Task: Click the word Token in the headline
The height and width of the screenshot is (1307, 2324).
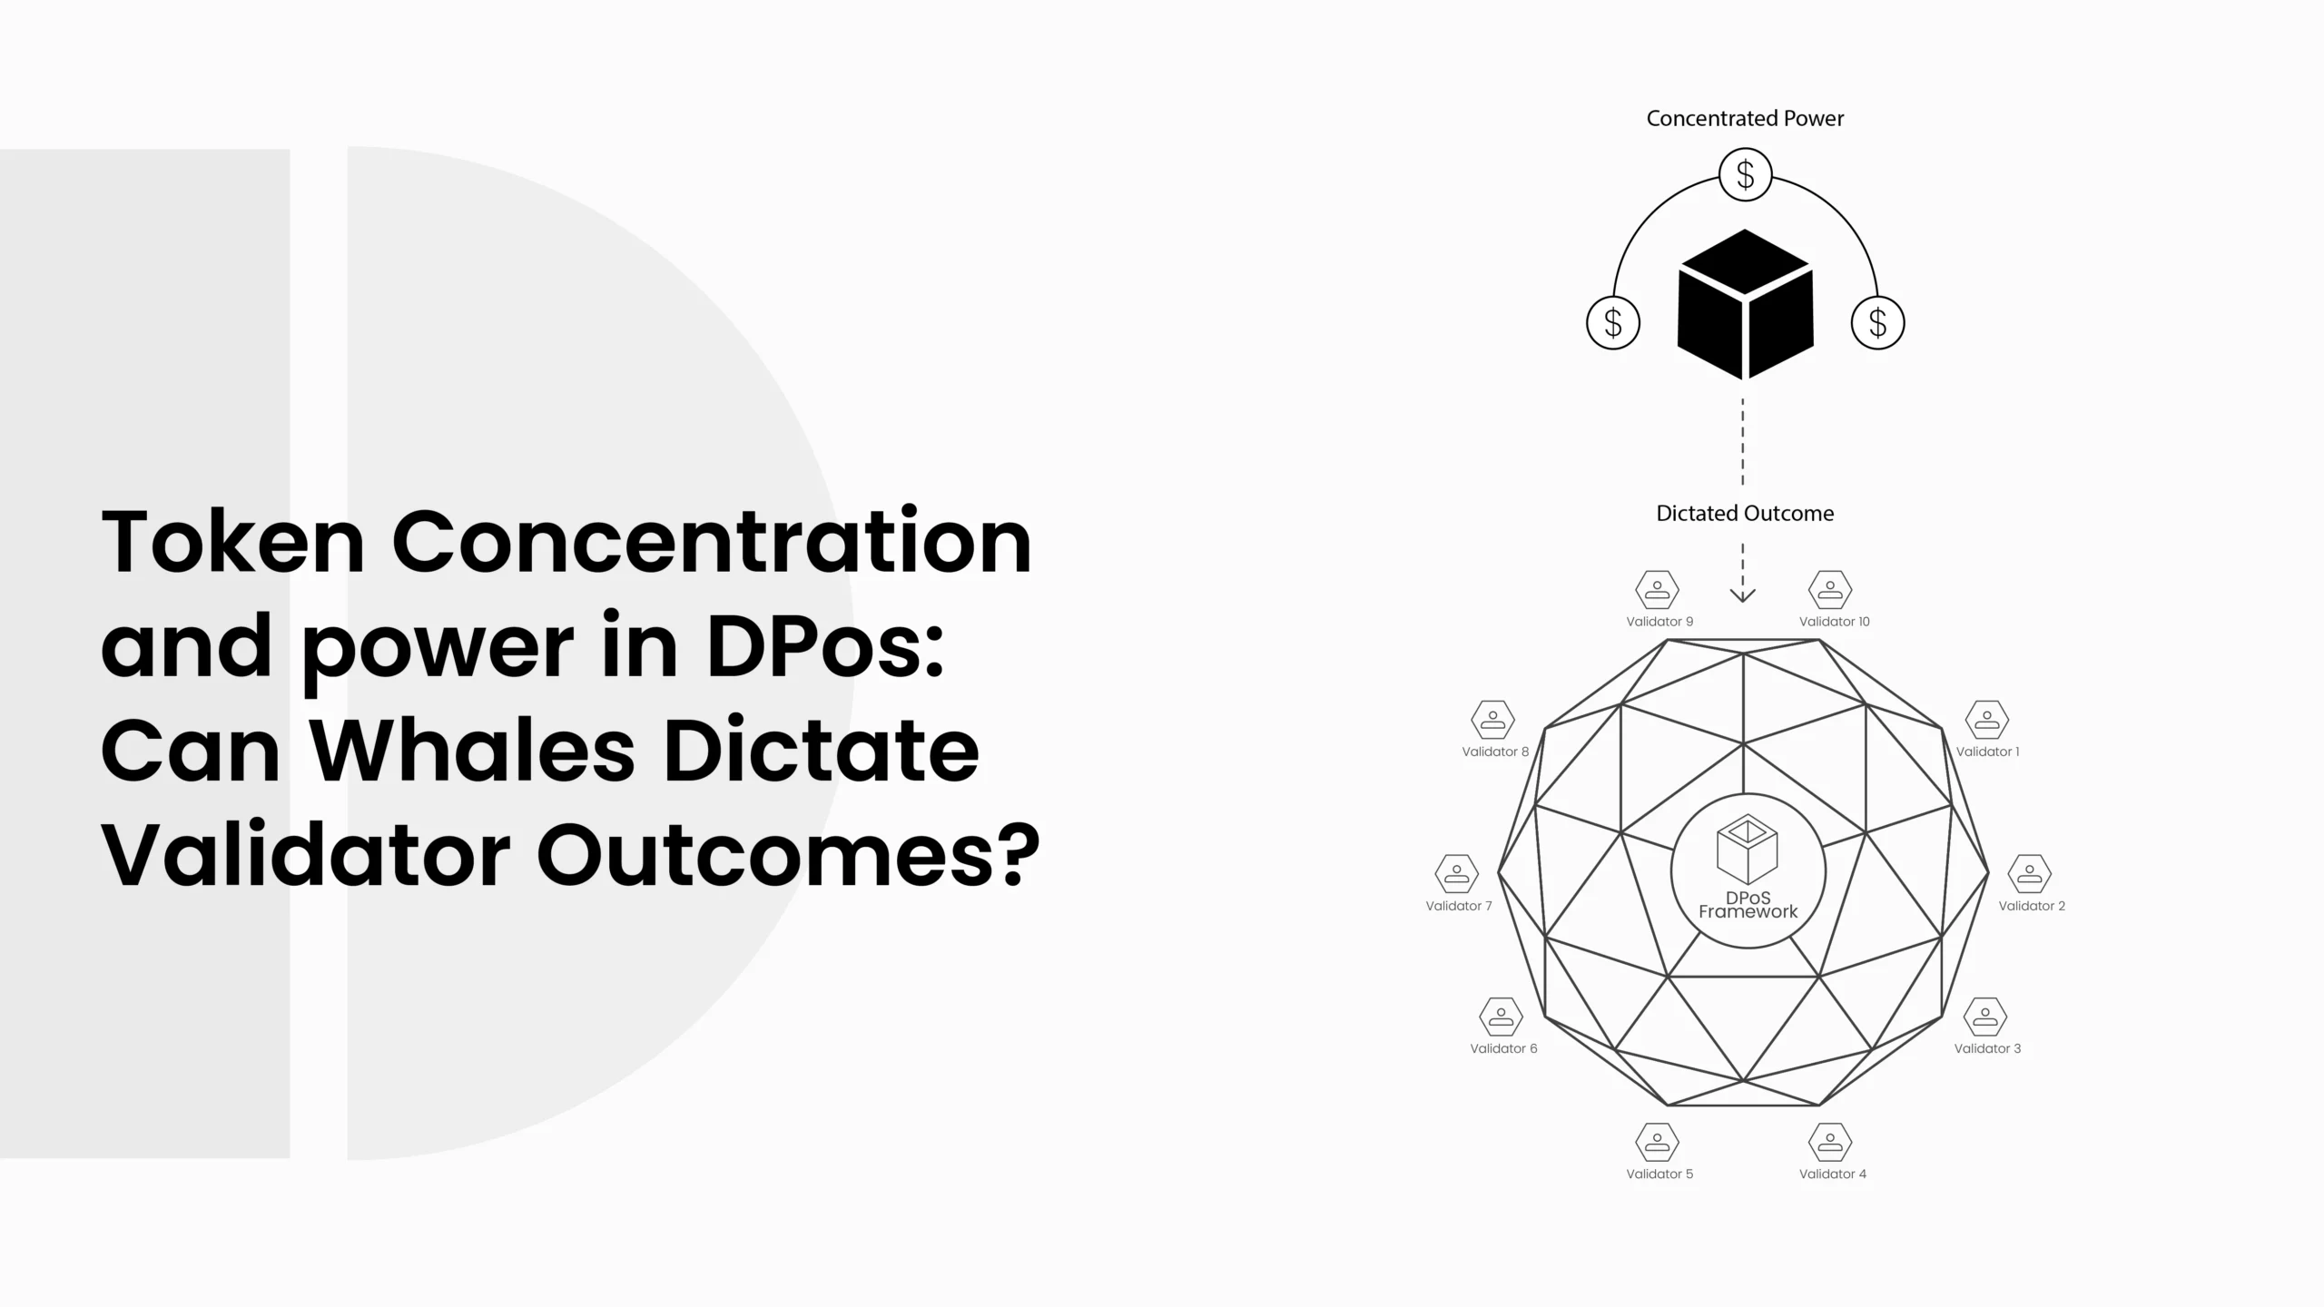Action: pyautogui.click(x=233, y=542)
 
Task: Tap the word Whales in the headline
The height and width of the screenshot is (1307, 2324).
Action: pyautogui.click(x=473, y=751)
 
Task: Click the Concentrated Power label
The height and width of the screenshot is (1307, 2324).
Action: pyautogui.click(x=1745, y=119)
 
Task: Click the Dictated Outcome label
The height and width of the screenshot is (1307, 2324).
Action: pyautogui.click(x=1745, y=514)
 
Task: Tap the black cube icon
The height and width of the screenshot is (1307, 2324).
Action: pyautogui.click(x=1745, y=304)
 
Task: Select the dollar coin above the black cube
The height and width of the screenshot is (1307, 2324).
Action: pyautogui.click(x=1745, y=174)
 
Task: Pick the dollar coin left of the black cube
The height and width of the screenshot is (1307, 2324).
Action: pyautogui.click(x=1613, y=323)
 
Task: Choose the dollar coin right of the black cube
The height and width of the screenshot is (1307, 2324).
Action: pyautogui.click(x=1877, y=323)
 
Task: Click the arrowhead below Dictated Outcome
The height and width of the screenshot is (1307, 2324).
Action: pyautogui.click(x=1743, y=595)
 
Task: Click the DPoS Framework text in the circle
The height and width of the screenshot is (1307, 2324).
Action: pyautogui.click(x=1748, y=905)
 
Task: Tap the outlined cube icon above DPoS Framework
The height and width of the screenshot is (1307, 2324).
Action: pyautogui.click(x=1748, y=850)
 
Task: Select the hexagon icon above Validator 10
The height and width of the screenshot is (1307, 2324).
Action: pyautogui.click(x=1830, y=590)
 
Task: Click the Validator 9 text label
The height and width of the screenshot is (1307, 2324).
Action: pyautogui.click(x=1659, y=622)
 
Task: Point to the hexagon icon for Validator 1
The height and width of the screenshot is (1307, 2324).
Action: pyautogui.click(x=1987, y=720)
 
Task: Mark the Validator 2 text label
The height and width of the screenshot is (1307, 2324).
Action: pyautogui.click(x=2032, y=906)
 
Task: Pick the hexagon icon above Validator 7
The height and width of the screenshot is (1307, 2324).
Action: pyautogui.click(x=1457, y=874)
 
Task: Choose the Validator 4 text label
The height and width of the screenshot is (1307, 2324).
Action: pyautogui.click(x=1833, y=1174)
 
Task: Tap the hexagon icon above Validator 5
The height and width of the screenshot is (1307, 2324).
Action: pyautogui.click(x=1658, y=1142)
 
